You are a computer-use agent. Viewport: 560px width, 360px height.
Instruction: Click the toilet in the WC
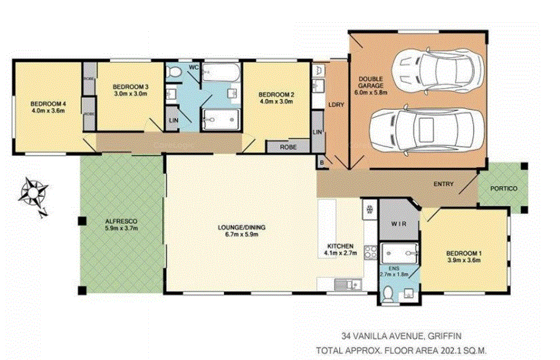[174, 71]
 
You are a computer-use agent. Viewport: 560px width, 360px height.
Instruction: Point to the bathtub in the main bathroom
[221, 73]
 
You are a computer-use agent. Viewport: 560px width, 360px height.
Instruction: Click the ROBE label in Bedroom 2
[288, 147]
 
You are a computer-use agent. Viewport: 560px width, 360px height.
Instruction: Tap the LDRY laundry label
[336, 104]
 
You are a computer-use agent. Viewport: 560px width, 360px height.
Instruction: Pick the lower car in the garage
[426, 130]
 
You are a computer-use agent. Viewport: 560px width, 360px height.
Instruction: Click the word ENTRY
[444, 184]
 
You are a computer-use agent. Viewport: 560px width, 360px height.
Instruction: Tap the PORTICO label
[504, 188]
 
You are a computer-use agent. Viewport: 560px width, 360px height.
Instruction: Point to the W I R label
[399, 224]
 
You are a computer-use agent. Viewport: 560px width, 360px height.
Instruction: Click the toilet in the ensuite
[388, 294]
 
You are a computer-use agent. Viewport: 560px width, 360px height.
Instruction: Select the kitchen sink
[348, 284]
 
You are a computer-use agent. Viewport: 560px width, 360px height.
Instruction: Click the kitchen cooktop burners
[370, 252]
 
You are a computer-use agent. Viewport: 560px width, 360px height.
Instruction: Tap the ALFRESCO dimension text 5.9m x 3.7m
[121, 228]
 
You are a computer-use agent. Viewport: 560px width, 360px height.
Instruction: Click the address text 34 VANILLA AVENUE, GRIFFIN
[401, 336]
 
